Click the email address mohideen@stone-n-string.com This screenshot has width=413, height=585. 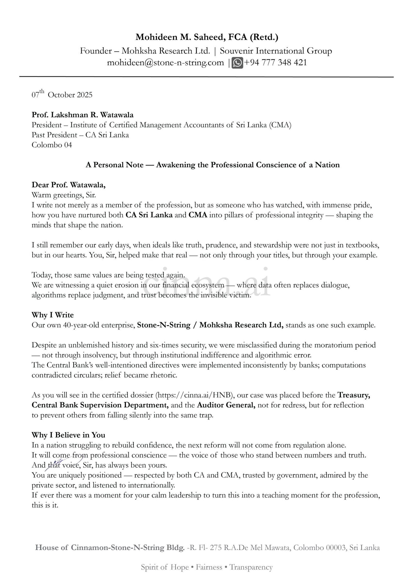[x=165, y=63]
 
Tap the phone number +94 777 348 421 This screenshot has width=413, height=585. [x=275, y=63]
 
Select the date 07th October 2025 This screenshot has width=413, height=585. [x=62, y=95]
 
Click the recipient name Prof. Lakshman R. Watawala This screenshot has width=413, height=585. [x=82, y=115]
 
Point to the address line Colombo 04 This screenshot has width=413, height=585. [x=52, y=145]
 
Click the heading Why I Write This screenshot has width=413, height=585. [x=53, y=315]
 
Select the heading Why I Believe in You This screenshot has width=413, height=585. [x=68, y=435]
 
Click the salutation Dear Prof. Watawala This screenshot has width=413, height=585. [x=68, y=185]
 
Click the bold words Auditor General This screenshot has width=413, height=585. [x=226, y=405]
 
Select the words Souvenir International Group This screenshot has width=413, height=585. [x=276, y=51]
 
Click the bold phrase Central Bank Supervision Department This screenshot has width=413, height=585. [x=100, y=405]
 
